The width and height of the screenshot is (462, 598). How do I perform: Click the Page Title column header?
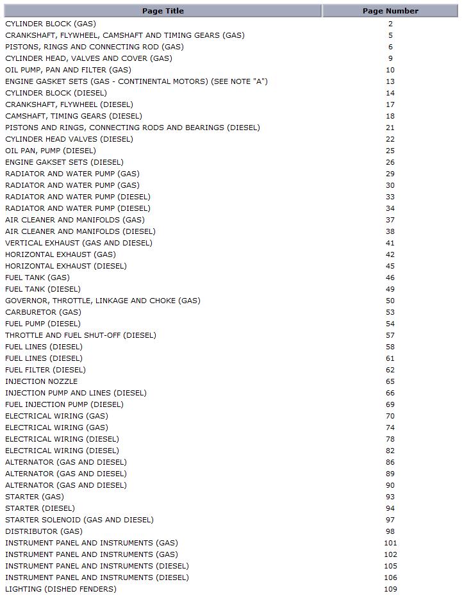[x=162, y=11]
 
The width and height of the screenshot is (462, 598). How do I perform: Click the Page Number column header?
[x=390, y=11]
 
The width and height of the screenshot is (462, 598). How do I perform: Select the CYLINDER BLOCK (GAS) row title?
[x=51, y=24]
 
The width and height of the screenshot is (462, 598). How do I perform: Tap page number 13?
[x=390, y=81]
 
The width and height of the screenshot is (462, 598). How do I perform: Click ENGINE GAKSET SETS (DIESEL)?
[x=64, y=162]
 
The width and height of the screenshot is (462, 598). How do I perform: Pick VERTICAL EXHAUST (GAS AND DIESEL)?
[x=79, y=243]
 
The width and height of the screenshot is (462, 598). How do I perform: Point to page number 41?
[x=390, y=243]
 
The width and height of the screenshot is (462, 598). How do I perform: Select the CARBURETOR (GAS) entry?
[x=43, y=312]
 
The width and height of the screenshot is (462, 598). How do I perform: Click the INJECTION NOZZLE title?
[x=41, y=381]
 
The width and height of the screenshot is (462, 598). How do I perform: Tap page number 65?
[x=390, y=381]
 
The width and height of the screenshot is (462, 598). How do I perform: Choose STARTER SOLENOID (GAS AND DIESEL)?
[x=79, y=520]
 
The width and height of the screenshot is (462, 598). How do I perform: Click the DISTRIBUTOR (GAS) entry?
[x=44, y=531]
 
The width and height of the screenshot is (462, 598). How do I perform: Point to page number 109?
[x=390, y=589]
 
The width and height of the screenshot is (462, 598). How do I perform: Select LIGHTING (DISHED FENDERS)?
[x=61, y=589]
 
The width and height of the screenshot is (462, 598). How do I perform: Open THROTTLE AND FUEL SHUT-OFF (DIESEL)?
[x=81, y=335]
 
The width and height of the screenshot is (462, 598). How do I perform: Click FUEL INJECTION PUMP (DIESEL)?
[x=64, y=404]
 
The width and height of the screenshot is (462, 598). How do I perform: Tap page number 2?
[x=390, y=24]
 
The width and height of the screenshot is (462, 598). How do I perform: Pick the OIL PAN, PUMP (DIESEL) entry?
[x=51, y=151]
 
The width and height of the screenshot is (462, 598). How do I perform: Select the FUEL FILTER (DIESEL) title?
[x=45, y=370]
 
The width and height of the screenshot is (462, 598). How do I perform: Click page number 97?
[x=390, y=520]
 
